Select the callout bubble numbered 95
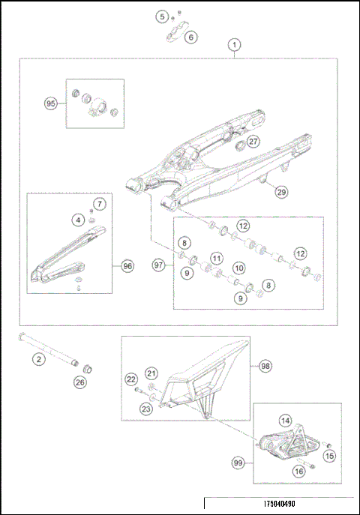click(50, 104)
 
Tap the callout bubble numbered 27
click(253, 142)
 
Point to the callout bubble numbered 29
click(280, 193)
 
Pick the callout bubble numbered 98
click(265, 366)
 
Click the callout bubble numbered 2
click(35, 360)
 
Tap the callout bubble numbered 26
click(79, 383)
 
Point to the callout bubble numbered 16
click(298, 472)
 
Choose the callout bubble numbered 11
click(216, 258)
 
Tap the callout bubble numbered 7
click(100, 203)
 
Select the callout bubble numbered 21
click(151, 373)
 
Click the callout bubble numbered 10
click(238, 268)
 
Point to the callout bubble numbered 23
click(145, 409)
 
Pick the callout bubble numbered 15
click(328, 455)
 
